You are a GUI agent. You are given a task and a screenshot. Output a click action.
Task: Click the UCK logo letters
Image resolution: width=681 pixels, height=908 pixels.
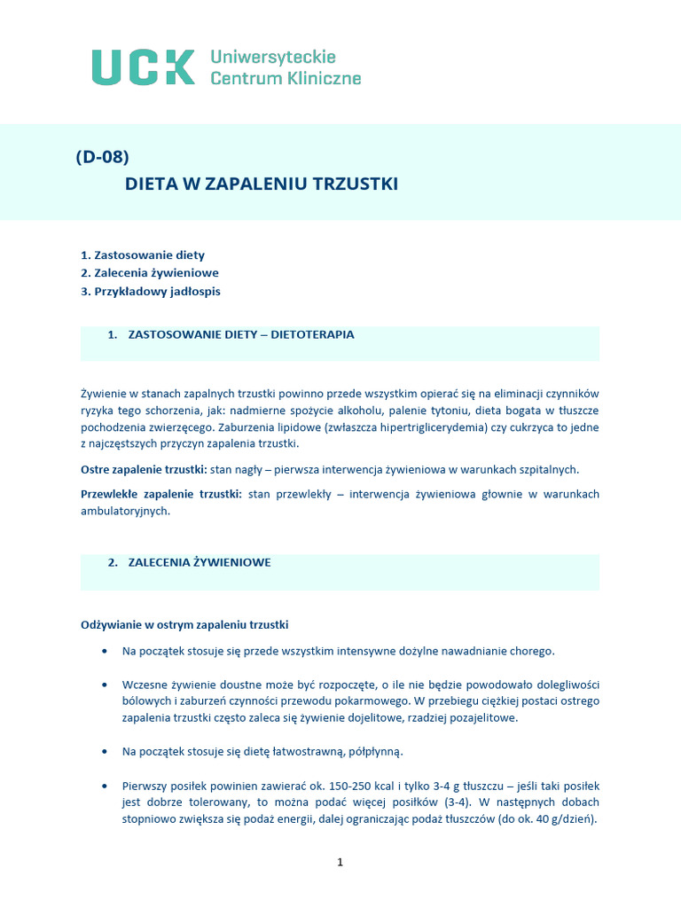[144, 67]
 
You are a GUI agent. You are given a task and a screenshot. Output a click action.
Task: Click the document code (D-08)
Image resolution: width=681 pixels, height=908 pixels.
[102, 157]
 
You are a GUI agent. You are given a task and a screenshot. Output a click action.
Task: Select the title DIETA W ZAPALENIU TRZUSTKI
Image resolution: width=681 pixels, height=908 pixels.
[262, 184]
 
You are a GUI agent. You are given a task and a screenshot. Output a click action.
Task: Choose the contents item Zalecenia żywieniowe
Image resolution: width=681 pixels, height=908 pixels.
[150, 273]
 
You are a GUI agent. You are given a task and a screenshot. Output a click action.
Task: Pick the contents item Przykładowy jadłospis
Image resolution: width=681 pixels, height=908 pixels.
[151, 291]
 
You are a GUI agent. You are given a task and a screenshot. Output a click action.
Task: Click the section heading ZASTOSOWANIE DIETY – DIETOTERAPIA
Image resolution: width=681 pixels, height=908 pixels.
[241, 335]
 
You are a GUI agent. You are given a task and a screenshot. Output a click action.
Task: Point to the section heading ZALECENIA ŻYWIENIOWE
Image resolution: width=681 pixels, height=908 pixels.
[200, 563]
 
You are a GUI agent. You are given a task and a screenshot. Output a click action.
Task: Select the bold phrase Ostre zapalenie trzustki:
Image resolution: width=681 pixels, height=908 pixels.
[144, 468]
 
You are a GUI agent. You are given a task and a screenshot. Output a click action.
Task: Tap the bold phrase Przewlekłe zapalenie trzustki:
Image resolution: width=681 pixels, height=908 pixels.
[161, 494]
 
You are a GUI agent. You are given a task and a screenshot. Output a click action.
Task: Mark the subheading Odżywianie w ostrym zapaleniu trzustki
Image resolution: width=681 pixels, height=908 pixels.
[184, 624]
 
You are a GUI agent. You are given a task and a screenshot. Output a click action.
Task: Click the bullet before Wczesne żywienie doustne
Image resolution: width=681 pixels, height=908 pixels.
[106, 685]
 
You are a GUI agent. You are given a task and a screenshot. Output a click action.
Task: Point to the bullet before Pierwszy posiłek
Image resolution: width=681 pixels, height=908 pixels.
[106, 787]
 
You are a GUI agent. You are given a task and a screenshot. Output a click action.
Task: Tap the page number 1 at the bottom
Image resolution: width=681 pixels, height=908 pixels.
[340, 862]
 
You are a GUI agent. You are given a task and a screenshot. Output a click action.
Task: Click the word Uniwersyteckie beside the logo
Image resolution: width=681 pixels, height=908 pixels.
[273, 58]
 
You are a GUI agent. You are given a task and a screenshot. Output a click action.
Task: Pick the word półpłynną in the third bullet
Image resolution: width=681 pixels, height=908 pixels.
[373, 752]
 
